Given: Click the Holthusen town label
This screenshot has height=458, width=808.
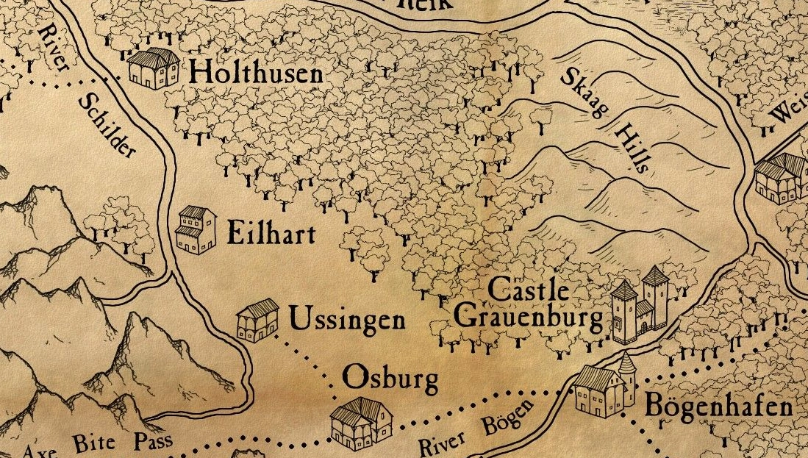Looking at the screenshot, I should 255,73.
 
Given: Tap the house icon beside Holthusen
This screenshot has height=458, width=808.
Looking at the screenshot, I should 154,68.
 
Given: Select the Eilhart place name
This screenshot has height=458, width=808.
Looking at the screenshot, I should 271,234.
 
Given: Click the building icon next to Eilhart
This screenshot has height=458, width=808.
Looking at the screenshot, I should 196,230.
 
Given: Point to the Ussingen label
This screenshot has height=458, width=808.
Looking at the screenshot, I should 346,321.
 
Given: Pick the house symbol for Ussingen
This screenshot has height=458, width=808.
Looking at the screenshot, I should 257,321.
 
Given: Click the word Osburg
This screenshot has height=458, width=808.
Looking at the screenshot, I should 391,379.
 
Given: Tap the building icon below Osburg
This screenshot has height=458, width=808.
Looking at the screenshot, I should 361,422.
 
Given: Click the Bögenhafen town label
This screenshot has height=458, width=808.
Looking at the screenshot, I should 718,407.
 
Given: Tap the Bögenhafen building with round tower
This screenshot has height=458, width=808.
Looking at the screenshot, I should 604,389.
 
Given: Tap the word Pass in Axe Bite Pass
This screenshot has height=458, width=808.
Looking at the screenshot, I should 152,442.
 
